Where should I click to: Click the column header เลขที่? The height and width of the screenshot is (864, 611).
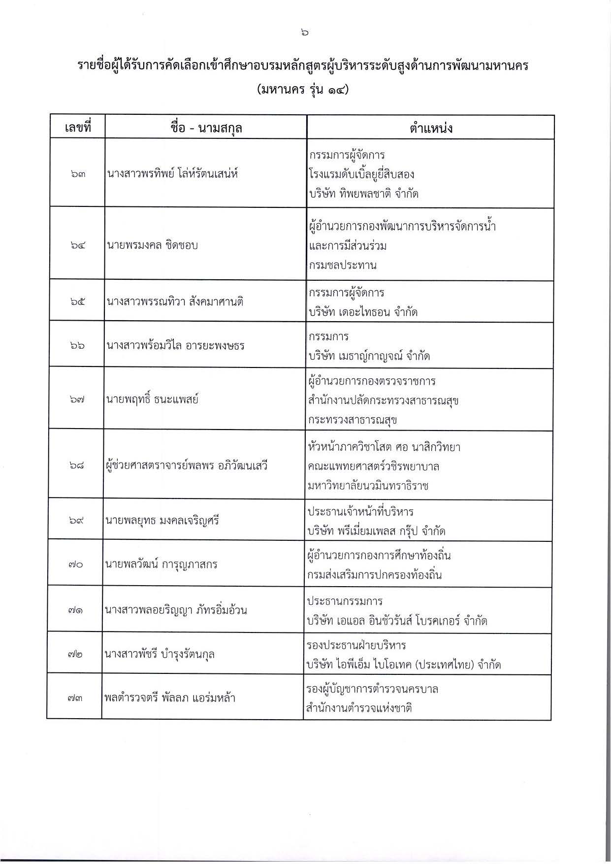click(78, 128)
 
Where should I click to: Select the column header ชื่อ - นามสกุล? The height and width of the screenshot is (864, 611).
click(206, 128)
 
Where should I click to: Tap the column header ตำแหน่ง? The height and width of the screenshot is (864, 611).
click(430, 128)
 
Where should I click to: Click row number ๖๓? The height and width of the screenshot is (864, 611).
click(77, 174)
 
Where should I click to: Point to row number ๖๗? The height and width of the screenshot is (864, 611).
click(77, 400)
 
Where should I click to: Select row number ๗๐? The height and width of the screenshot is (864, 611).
click(76, 565)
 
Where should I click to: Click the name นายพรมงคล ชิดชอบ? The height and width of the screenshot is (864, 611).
click(153, 245)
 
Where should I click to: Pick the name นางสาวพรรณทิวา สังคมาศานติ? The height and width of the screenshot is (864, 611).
click(175, 301)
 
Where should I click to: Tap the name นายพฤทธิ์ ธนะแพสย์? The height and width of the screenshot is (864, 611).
click(152, 399)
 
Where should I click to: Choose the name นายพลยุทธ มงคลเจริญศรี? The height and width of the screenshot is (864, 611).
click(162, 520)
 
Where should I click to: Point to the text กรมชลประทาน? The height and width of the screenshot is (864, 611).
click(343, 265)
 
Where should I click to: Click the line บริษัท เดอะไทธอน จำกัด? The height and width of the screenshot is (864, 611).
click(363, 312)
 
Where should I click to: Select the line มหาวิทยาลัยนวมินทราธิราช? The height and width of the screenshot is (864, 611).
click(368, 486)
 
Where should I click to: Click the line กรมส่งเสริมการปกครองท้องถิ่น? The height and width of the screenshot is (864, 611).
click(374, 575)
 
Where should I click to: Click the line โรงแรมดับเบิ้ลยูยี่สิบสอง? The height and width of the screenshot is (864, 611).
click(361, 174)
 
